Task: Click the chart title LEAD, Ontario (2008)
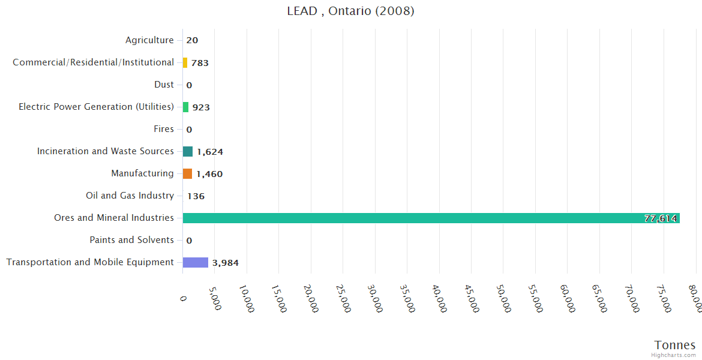[x=350, y=11]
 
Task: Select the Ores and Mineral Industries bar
[x=431, y=218]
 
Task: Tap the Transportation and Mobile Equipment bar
[x=196, y=262]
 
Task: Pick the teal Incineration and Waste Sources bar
[x=188, y=151]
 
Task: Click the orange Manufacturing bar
[x=187, y=173]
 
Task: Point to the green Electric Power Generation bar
[x=185, y=107]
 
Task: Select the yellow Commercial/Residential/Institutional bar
[x=185, y=62]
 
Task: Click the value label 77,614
[x=661, y=218]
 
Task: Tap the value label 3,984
[x=226, y=263]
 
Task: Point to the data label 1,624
[x=210, y=152]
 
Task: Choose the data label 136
[x=196, y=196]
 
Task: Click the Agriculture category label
[x=149, y=40]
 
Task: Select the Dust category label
[x=164, y=85]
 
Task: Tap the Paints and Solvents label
[x=131, y=240]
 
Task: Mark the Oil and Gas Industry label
[x=130, y=196]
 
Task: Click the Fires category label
[x=164, y=129]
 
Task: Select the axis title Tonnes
[x=674, y=344]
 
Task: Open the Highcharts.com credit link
[x=674, y=355]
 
